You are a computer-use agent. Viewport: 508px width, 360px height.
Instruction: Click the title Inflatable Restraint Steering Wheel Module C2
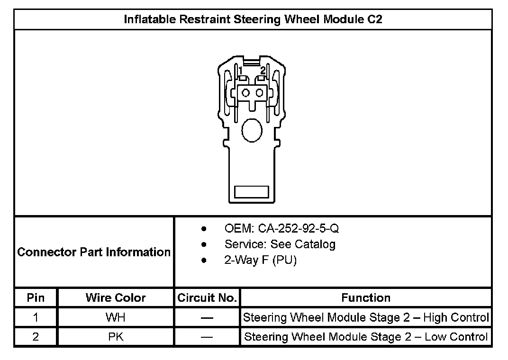pos(254,19)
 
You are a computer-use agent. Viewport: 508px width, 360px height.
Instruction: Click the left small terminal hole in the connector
pos(246,92)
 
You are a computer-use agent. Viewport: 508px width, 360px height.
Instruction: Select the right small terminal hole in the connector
pos(259,92)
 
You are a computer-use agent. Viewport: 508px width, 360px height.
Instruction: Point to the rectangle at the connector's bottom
pos(252,192)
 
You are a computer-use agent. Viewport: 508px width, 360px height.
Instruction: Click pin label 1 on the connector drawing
pos(241,71)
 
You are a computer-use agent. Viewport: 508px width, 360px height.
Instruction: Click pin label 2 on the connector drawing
pos(263,70)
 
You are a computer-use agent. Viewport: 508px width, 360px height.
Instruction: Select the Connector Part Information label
pos(94,252)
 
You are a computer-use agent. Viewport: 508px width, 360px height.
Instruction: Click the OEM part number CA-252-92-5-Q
pos(281,229)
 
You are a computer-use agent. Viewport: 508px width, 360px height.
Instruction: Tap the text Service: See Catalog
pos(280,244)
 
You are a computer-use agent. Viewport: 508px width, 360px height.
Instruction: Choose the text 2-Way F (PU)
pos(260,261)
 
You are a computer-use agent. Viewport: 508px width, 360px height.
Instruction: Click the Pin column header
pos(36,298)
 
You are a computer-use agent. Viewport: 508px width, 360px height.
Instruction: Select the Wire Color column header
pos(116,298)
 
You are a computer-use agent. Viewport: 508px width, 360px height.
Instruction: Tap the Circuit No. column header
pos(207,298)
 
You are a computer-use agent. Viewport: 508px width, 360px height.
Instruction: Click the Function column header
pos(366,298)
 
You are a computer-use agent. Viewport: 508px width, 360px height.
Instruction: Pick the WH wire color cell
pos(116,317)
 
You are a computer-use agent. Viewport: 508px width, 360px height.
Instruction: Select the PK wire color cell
pos(116,337)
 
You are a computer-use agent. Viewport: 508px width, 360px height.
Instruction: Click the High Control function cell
pos(366,317)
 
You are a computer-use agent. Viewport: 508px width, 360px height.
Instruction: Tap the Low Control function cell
pos(366,337)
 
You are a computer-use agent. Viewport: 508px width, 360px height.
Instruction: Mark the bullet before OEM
pos(204,229)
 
